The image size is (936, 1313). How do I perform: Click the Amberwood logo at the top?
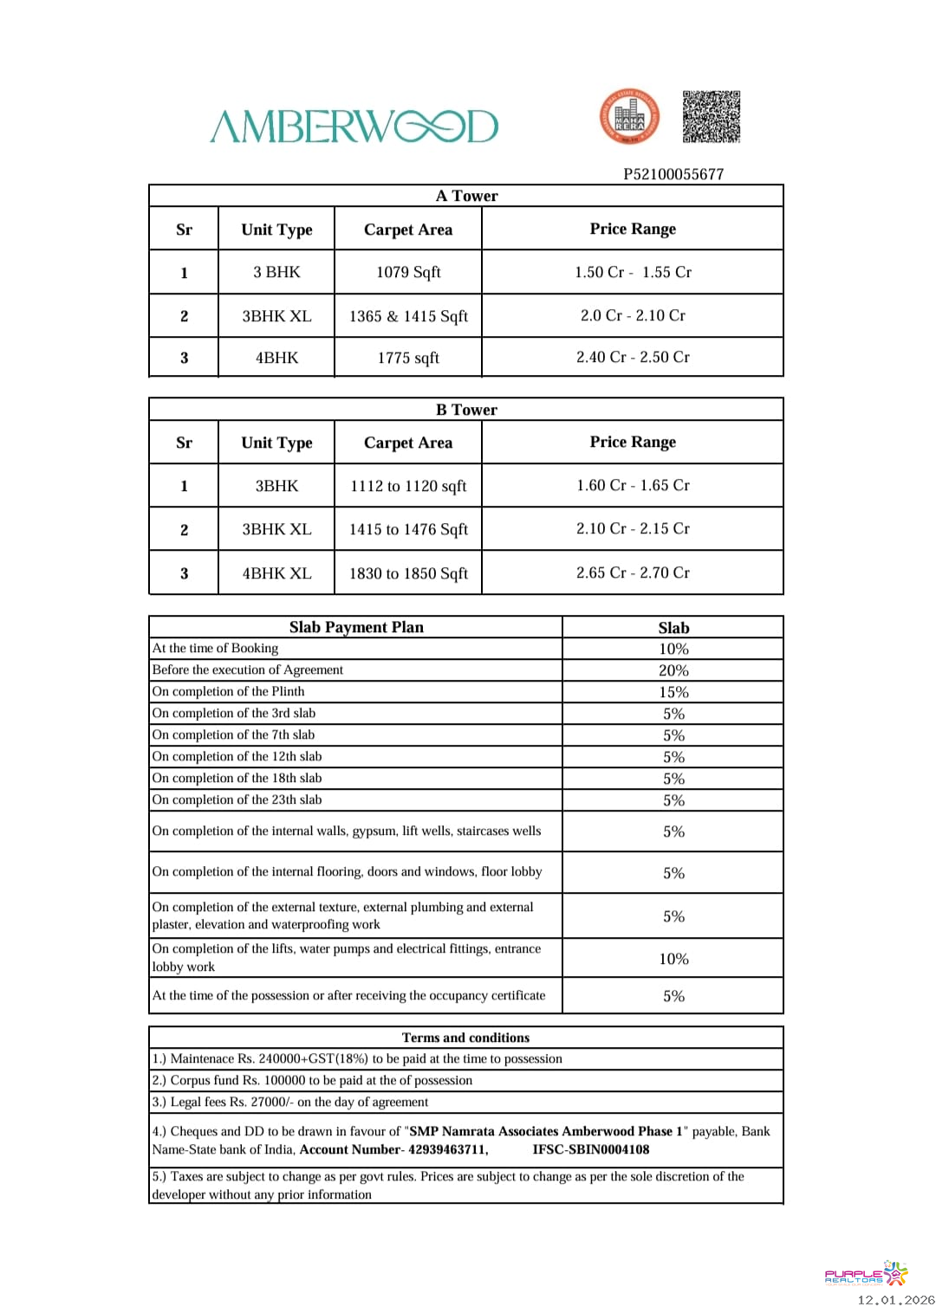[x=354, y=126]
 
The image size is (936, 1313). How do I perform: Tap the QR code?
[x=711, y=116]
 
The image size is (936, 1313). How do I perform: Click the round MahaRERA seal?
[x=629, y=117]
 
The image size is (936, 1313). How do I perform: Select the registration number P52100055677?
[x=673, y=174]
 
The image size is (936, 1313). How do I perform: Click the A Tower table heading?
[x=466, y=196]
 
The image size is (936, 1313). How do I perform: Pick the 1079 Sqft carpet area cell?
[x=408, y=272]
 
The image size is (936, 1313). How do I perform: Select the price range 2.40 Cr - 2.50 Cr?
[x=633, y=357]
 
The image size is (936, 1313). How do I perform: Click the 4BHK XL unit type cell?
[x=276, y=573]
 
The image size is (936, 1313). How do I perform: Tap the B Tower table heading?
[x=466, y=410]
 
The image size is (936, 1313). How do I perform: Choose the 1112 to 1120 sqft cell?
[x=408, y=486]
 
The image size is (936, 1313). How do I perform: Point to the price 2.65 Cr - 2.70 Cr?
[x=633, y=572]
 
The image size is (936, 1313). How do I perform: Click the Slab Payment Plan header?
[x=356, y=627]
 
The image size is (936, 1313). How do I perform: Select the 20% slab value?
[x=673, y=670]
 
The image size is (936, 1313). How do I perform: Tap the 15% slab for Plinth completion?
[x=673, y=692]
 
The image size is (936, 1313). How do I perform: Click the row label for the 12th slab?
[x=237, y=756]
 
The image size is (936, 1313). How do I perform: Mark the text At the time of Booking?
[x=215, y=648]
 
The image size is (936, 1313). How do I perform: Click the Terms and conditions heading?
[x=465, y=1038]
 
